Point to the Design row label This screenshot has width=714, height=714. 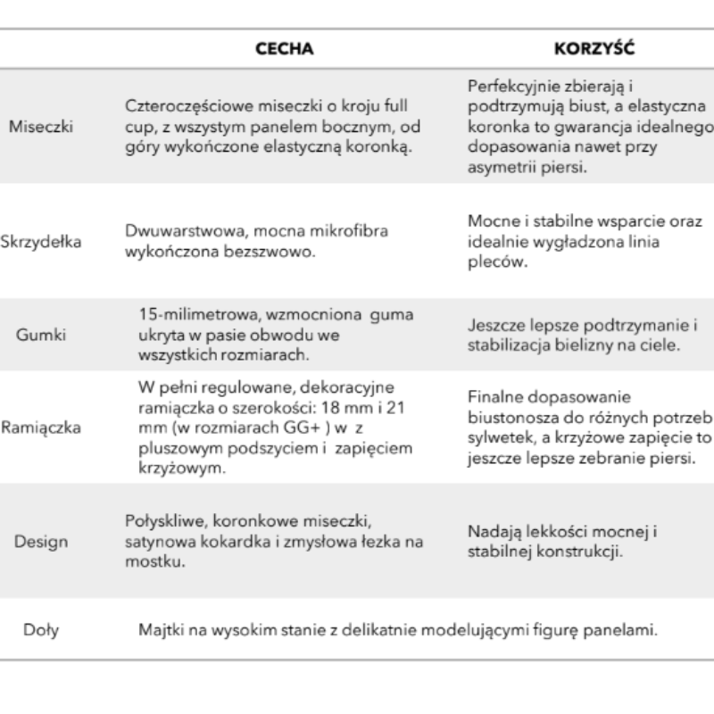tap(41, 541)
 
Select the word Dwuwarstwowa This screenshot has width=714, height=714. tap(173, 230)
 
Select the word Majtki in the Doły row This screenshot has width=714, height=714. tap(159, 630)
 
